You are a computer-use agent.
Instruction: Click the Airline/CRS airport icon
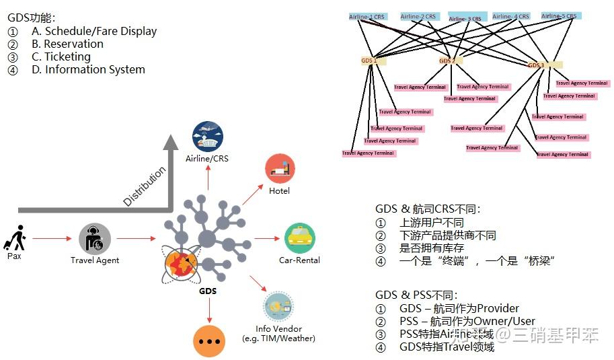tap(207, 137)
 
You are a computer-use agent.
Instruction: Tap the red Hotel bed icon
tap(280, 169)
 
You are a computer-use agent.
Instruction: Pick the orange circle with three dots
tap(209, 341)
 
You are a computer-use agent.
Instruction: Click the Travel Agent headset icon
tap(94, 238)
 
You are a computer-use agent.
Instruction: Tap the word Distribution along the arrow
tap(145, 186)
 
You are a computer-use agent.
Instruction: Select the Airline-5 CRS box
tap(559, 16)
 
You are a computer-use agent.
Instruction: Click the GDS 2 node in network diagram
tap(448, 61)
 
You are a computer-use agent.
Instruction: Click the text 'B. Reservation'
tap(67, 44)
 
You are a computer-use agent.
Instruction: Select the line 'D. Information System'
tap(88, 69)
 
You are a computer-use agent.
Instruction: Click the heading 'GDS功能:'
tap(31, 18)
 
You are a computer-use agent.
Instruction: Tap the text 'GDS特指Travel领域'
tap(447, 347)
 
